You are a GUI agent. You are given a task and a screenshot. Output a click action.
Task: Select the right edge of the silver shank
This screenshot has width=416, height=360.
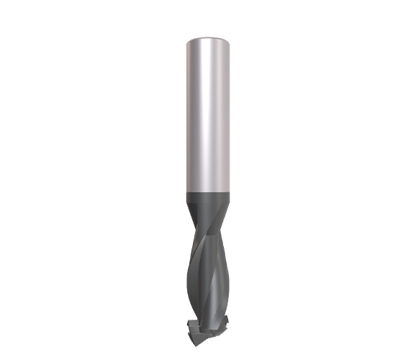(232, 115)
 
